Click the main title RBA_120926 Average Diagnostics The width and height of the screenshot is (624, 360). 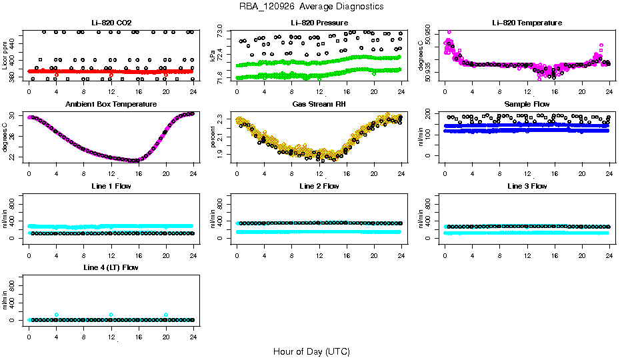(312, 7)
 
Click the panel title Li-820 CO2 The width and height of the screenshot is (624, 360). (111, 23)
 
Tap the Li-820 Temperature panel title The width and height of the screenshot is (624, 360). (527, 23)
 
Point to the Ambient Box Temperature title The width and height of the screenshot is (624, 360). (111, 105)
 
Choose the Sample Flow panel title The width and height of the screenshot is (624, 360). (527, 105)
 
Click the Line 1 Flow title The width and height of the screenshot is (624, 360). (111, 187)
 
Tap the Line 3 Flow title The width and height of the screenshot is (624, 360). (527, 187)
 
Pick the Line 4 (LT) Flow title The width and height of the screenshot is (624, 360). (111, 268)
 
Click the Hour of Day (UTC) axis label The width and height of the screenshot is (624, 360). (311, 351)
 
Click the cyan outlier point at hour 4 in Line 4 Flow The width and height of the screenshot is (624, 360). (57, 315)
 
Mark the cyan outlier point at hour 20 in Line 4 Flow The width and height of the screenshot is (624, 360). (166, 315)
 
